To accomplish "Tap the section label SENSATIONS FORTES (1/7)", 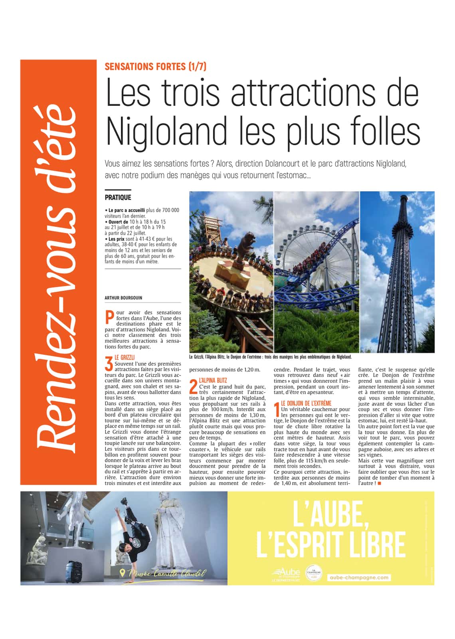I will pyautogui.click(x=155, y=67).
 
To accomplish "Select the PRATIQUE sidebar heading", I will pyautogui.click(x=118, y=198).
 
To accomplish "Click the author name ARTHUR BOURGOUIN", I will pyautogui.click(x=123, y=298).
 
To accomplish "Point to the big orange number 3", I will pyautogui.click(x=109, y=363).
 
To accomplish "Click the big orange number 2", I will pyautogui.click(x=194, y=387).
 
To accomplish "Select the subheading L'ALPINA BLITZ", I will pyautogui.click(x=213, y=381).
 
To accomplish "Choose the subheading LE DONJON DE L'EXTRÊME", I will pyautogui.click(x=306, y=404).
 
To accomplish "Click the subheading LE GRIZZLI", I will pyautogui.click(x=125, y=358).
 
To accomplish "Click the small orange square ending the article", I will pyautogui.click(x=379, y=483).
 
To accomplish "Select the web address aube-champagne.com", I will pyautogui.click(x=359, y=578).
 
